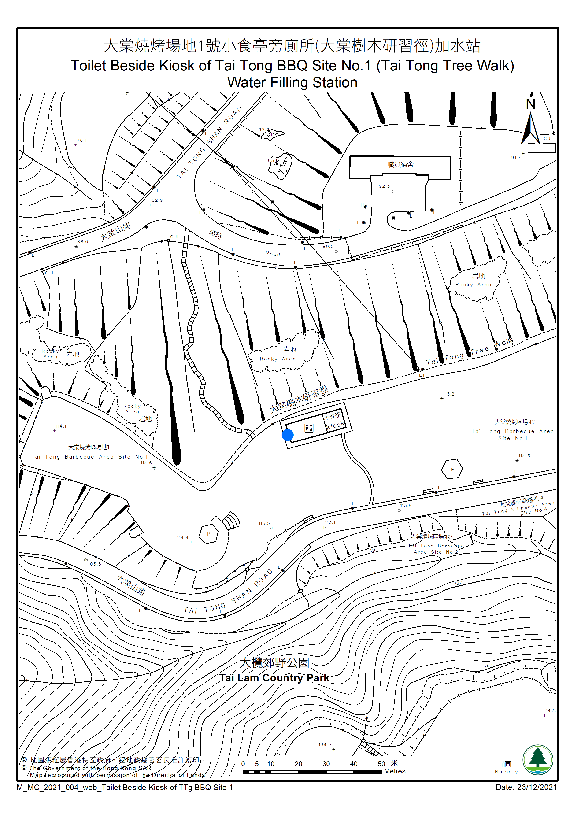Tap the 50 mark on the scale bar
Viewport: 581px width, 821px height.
coord(381,764)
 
